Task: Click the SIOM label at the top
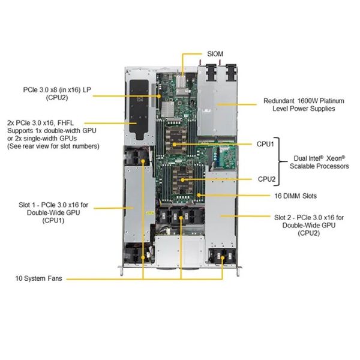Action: [215, 54]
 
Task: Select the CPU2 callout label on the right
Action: [266, 179]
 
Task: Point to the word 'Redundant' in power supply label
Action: [279, 101]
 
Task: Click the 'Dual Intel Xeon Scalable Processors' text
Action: [318, 162]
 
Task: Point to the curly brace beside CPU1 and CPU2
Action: [280, 161]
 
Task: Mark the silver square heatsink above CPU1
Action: [167, 109]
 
